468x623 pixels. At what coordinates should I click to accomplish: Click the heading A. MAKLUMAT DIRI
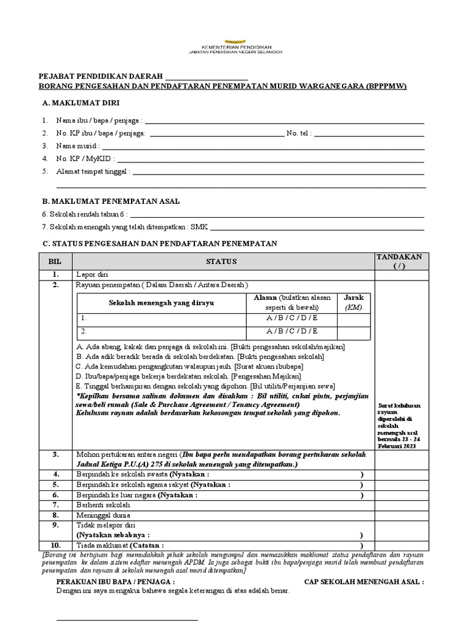pos(78,103)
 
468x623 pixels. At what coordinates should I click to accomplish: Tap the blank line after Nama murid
pos(262,147)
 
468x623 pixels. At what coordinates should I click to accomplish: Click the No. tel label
pos(299,133)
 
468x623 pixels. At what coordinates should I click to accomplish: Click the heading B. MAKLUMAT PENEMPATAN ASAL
pos(111,201)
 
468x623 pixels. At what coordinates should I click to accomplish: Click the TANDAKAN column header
pos(399,261)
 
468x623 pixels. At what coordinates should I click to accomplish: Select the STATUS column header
pos(224,261)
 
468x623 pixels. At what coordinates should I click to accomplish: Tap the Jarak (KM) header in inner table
pos(353,302)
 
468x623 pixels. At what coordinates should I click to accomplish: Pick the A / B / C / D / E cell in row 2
pos(291,331)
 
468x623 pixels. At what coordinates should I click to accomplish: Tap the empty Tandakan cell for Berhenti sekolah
pos(399,505)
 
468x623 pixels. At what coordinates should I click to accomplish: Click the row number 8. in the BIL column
pos(55,515)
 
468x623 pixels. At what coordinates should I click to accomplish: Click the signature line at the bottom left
pos(127,620)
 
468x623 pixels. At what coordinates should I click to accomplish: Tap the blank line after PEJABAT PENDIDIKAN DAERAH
pos(207,78)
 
